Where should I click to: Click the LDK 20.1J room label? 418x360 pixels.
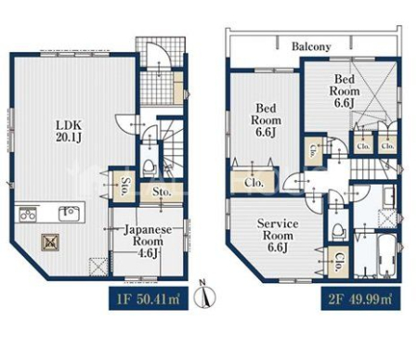click(x=69, y=132)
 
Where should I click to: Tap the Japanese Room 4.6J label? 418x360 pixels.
click(x=148, y=241)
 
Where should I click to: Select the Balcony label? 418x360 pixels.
click(x=311, y=46)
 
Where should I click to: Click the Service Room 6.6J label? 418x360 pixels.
click(x=278, y=236)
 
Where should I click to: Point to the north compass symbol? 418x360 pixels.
click(x=204, y=294)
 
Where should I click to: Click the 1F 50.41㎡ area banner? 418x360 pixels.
click(x=149, y=299)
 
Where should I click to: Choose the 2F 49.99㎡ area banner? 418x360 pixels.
click(x=360, y=299)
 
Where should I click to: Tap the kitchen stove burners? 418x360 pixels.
click(x=28, y=214)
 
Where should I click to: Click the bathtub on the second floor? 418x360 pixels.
click(x=386, y=256)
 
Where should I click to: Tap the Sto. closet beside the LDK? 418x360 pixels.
click(x=124, y=186)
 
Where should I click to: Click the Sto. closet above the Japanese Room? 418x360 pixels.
click(x=162, y=192)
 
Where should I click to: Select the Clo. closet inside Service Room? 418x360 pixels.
click(x=338, y=262)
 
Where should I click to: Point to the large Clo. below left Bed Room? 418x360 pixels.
click(x=254, y=182)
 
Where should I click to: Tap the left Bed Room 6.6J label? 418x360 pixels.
click(x=266, y=121)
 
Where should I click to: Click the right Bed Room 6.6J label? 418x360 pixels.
click(x=345, y=91)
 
